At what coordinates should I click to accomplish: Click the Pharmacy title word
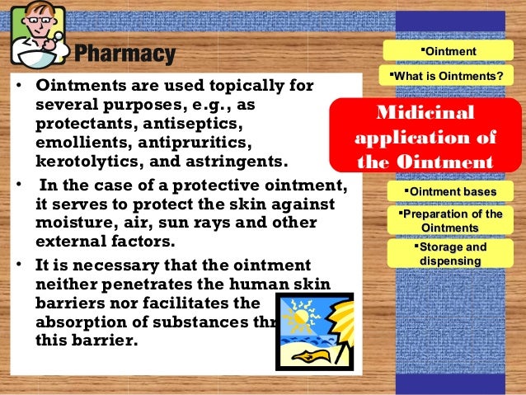(125, 55)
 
